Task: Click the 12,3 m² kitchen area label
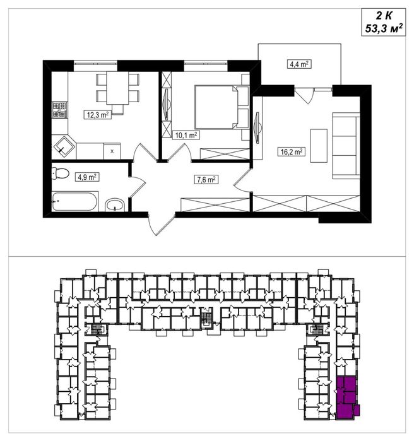tap(97, 115)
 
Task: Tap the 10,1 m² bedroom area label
tap(186, 134)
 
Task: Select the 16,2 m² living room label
tap(292, 151)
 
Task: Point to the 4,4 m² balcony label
tap(299, 64)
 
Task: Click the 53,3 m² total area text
tap(384, 28)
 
